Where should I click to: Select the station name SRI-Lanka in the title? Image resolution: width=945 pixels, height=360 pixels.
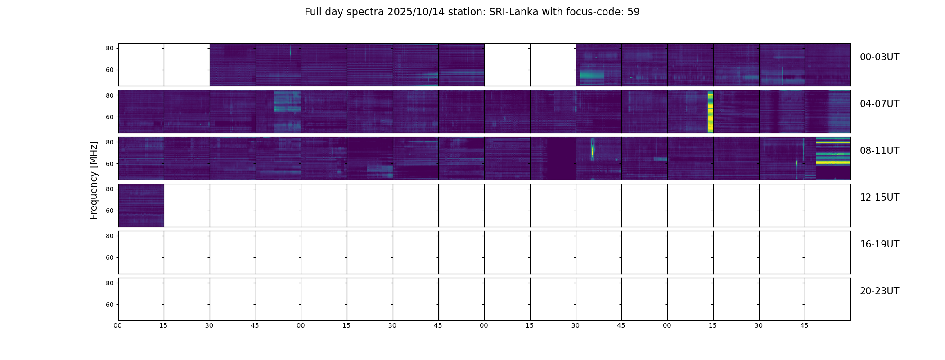[x=513, y=12]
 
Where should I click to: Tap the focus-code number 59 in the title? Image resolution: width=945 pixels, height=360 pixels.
[x=633, y=12]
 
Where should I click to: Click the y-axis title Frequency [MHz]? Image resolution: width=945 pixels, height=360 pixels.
[x=94, y=180]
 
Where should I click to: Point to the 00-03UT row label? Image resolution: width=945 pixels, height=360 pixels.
[x=879, y=57]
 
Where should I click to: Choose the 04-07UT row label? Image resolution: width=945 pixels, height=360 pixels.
[x=879, y=104]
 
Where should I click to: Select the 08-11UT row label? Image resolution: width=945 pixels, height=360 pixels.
[x=879, y=151]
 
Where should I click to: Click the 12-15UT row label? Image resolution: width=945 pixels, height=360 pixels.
[x=879, y=198]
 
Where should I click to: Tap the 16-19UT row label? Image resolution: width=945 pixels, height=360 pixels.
[x=879, y=244]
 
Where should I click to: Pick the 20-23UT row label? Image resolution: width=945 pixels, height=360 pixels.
[x=879, y=291]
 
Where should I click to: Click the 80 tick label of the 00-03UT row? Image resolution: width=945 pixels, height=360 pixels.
[x=109, y=48]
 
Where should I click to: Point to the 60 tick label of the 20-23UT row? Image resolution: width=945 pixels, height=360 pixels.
[x=109, y=305]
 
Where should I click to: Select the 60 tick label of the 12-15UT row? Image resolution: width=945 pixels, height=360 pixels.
[x=109, y=211]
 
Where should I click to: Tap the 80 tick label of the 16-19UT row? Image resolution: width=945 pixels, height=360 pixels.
[x=109, y=236]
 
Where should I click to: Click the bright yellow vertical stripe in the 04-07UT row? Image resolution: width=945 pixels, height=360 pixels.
[x=710, y=112]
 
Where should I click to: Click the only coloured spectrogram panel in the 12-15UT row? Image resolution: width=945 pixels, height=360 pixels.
[x=141, y=205]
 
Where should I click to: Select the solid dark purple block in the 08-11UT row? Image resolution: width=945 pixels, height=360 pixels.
[x=561, y=158]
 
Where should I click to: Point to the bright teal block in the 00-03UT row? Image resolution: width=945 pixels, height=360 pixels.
[x=591, y=76]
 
